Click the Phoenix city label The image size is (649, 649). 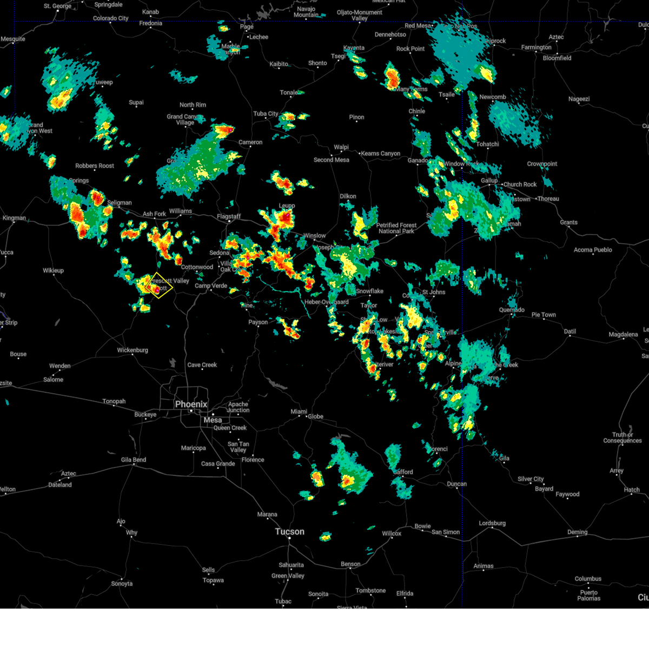click(x=191, y=405)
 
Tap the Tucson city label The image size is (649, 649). click(x=289, y=532)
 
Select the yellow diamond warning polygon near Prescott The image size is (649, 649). click(x=160, y=286)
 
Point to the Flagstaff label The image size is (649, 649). click(x=229, y=216)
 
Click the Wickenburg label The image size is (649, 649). click(x=133, y=350)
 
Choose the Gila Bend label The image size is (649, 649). click(x=133, y=460)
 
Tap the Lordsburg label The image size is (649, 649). click(x=492, y=523)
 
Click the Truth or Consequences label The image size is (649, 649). click(x=622, y=438)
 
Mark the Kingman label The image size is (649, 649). click(x=14, y=218)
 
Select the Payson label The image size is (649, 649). click(x=258, y=322)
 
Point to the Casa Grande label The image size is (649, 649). click(x=218, y=463)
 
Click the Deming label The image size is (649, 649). click(x=577, y=532)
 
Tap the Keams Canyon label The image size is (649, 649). click(x=381, y=154)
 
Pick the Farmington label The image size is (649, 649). click(x=537, y=48)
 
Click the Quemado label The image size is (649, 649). click(x=512, y=310)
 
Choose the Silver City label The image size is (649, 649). click(x=531, y=479)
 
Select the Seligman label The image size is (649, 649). click(x=119, y=203)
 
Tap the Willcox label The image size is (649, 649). click(x=392, y=533)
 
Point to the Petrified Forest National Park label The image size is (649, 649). click(x=396, y=228)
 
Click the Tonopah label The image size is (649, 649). click(x=114, y=401)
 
